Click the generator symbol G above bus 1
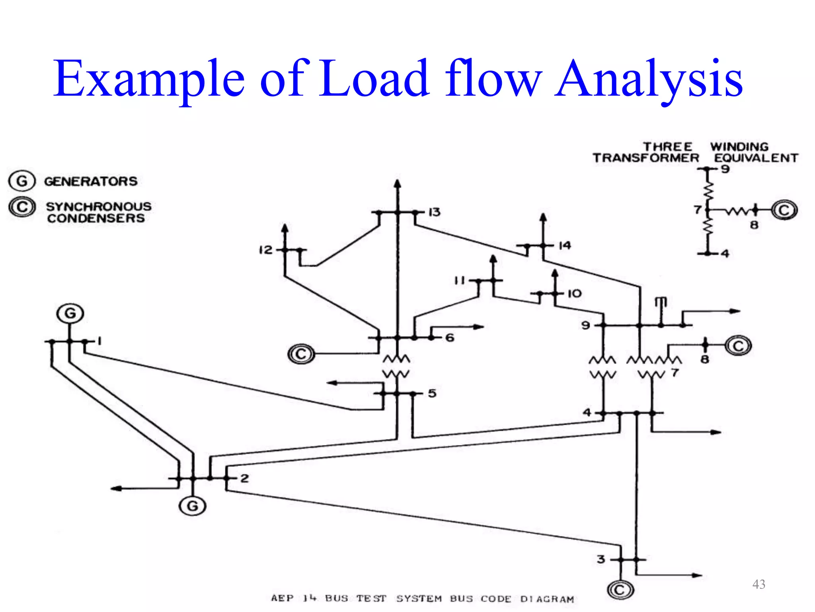point(70,314)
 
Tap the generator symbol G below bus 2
point(193,506)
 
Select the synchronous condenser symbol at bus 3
point(620,590)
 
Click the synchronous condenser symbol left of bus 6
point(301,354)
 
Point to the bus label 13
point(434,212)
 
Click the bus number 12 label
point(265,250)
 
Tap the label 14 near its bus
point(565,245)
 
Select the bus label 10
point(574,294)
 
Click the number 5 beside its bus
point(432,393)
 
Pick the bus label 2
point(244,478)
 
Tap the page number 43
point(758,584)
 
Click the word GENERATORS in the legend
point(91,181)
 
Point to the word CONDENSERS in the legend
point(96,218)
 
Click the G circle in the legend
point(22,181)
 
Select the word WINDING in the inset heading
point(739,147)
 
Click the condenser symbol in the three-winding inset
point(784,210)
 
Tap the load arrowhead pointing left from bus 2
point(116,488)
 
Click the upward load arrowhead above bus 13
point(397,184)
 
